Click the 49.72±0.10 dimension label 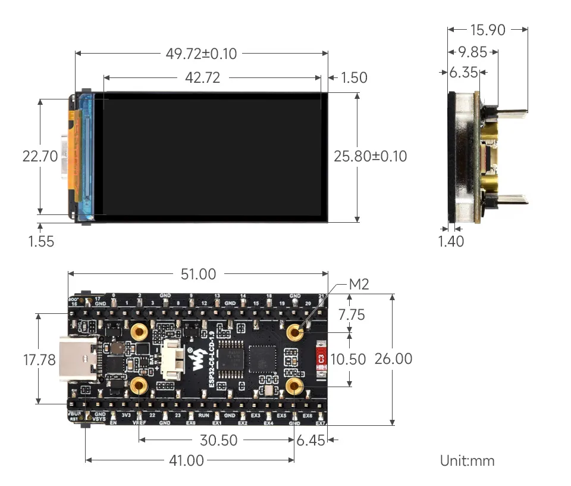(201, 54)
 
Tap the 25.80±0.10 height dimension (370, 157)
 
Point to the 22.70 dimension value (40, 157)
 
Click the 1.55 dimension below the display (41, 241)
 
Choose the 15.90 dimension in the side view (487, 29)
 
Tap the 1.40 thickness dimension (451, 241)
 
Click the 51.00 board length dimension (199, 274)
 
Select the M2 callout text (359, 285)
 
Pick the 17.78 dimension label (39, 360)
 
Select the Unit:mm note (467, 460)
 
